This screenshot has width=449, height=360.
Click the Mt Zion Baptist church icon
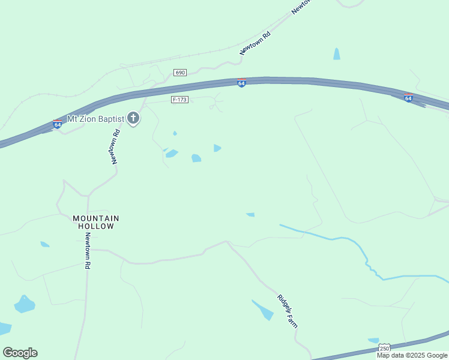click(x=133, y=119)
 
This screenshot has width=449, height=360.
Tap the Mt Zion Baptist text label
click(x=95, y=119)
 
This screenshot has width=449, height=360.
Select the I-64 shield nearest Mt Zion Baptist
click(x=57, y=124)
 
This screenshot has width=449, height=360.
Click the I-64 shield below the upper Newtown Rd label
click(x=241, y=83)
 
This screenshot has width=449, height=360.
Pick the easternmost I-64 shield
click(x=408, y=98)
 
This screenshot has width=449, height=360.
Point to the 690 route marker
click(x=180, y=73)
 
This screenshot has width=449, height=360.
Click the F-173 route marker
click(x=179, y=100)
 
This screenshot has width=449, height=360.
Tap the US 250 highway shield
click(x=384, y=348)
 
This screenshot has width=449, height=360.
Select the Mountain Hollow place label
click(x=96, y=222)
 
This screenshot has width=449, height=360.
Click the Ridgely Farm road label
click(x=288, y=310)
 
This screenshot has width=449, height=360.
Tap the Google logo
click(x=20, y=353)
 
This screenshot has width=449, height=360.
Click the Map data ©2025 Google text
click(x=412, y=355)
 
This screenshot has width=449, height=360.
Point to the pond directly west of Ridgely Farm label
click(x=263, y=310)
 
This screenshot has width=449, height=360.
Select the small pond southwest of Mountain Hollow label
click(x=44, y=244)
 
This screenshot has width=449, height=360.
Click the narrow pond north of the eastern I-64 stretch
click(x=337, y=54)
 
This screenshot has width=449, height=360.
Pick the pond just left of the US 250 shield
click(x=373, y=341)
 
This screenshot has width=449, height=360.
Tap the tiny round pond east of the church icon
click(x=175, y=133)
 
